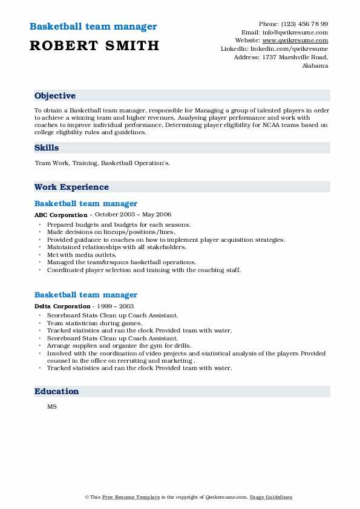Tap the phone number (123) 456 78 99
304,24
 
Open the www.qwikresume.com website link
299,41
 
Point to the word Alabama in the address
315,66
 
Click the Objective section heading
55,96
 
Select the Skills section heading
47,148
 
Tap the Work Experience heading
71,187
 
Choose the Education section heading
57,391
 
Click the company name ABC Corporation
61,215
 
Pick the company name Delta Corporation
62,306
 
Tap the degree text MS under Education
52,407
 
